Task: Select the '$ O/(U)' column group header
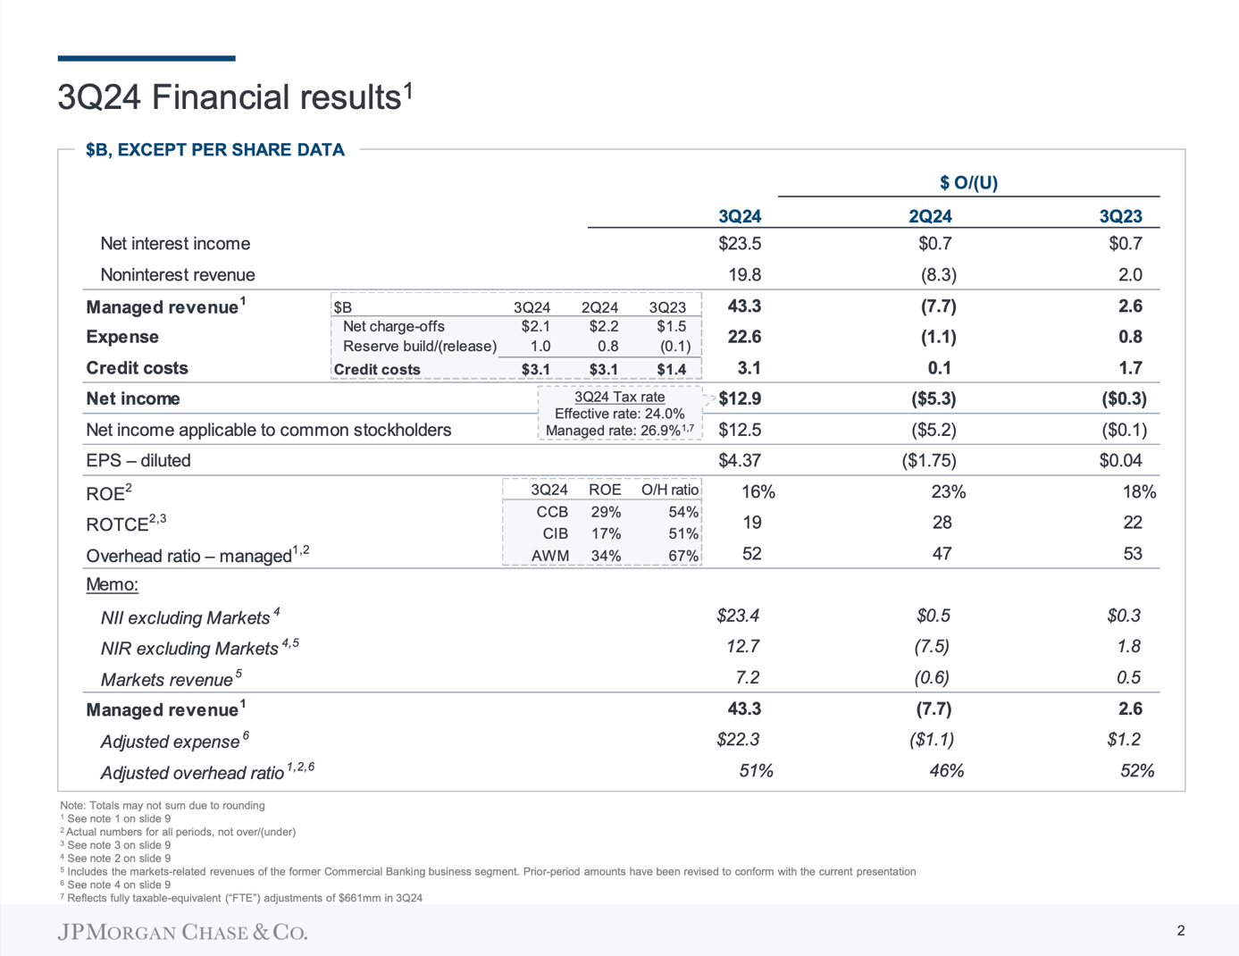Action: (x=968, y=183)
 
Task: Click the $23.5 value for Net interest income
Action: (x=740, y=244)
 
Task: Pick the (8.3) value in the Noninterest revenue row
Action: (x=939, y=275)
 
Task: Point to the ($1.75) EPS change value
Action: (x=929, y=461)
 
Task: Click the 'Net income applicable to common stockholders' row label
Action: (x=268, y=431)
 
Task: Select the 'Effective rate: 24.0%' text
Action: (x=619, y=414)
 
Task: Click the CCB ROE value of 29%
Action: (x=606, y=512)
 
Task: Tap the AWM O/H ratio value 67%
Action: (x=683, y=556)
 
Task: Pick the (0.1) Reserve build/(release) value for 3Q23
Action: (x=674, y=347)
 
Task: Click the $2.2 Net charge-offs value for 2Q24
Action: (x=603, y=327)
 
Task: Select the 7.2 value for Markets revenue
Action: (x=747, y=678)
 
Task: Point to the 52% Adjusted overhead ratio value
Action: (x=1136, y=771)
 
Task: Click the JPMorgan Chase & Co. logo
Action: (x=182, y=932)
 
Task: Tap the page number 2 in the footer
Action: (x=1180, y=931)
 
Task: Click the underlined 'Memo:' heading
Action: (x=112, y=585)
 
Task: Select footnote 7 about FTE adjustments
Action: (x=241, y=898)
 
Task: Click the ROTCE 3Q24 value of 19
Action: (x=751, y=523)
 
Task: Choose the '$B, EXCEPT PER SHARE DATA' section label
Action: (x=214, y=150)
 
